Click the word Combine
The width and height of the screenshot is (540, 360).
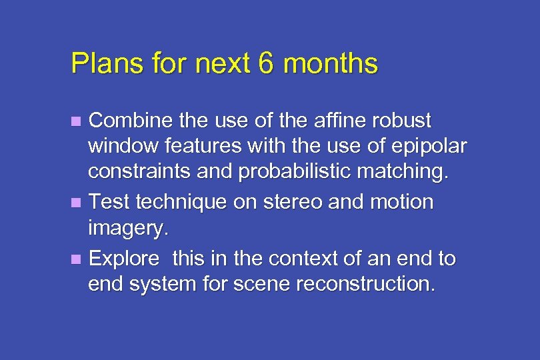click(127, 121)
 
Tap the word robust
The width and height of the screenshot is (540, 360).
click(400, 121)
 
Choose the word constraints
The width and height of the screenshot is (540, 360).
click(138, 173)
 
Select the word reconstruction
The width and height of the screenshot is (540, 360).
click(366, 285)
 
